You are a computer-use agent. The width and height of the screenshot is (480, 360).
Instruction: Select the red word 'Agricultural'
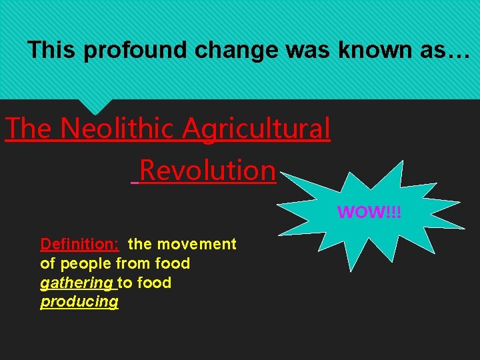coord(257,128)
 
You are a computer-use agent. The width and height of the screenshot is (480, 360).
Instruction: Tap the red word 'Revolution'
coord(207,170)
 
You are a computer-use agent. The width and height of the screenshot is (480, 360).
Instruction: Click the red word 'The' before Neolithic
coord(29,128)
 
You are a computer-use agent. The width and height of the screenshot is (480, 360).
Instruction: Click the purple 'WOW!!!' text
coord(369,213)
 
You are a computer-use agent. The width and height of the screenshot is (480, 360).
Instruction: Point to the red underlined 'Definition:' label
coord(79,244)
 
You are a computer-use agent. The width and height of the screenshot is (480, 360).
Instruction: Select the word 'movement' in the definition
coord(203,244)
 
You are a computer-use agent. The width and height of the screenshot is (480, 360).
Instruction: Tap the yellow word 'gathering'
coord(77,283)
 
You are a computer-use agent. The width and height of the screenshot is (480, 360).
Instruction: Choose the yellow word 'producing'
coord(79,301)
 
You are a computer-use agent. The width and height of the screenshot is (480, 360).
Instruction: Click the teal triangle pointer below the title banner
coord(95,105)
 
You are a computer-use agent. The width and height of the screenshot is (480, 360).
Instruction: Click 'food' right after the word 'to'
coord(155,283)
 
